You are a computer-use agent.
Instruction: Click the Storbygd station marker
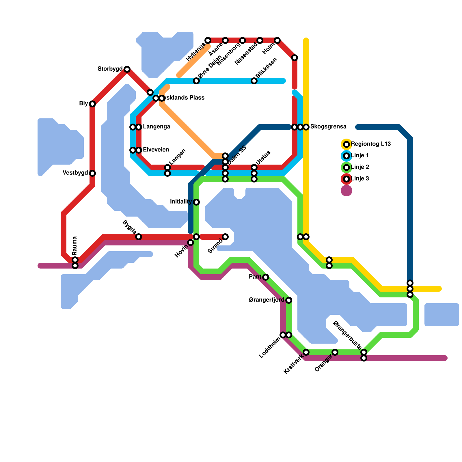[x=127, y=69]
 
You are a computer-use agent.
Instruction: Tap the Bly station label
[x=83, y=104]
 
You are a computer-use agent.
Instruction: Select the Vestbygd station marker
[x=92, y=173]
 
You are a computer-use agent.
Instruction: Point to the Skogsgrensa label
[x=328, y=127]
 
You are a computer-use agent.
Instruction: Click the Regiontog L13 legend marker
[x=346, y=144]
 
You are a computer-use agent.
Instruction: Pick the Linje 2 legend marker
[x=346, y=167]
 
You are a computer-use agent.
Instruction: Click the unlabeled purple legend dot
[x=346, y=191]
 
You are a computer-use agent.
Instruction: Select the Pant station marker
[x=266, y=277]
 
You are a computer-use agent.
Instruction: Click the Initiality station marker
[x=196, y=202]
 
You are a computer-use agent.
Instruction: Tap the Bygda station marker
[x=139, y=237]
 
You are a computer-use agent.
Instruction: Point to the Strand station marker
[x=225, y=237]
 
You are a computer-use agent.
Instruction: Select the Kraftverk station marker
[x=306, y=352]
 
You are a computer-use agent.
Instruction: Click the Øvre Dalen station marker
[x=196, y=81]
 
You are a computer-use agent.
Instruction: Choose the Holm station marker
[x=277, y=40]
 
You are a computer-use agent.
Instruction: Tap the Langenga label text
[x=157, y=127]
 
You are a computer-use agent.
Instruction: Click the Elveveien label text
[x=156, y=150]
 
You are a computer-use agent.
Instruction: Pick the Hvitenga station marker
[x=208, y=40]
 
